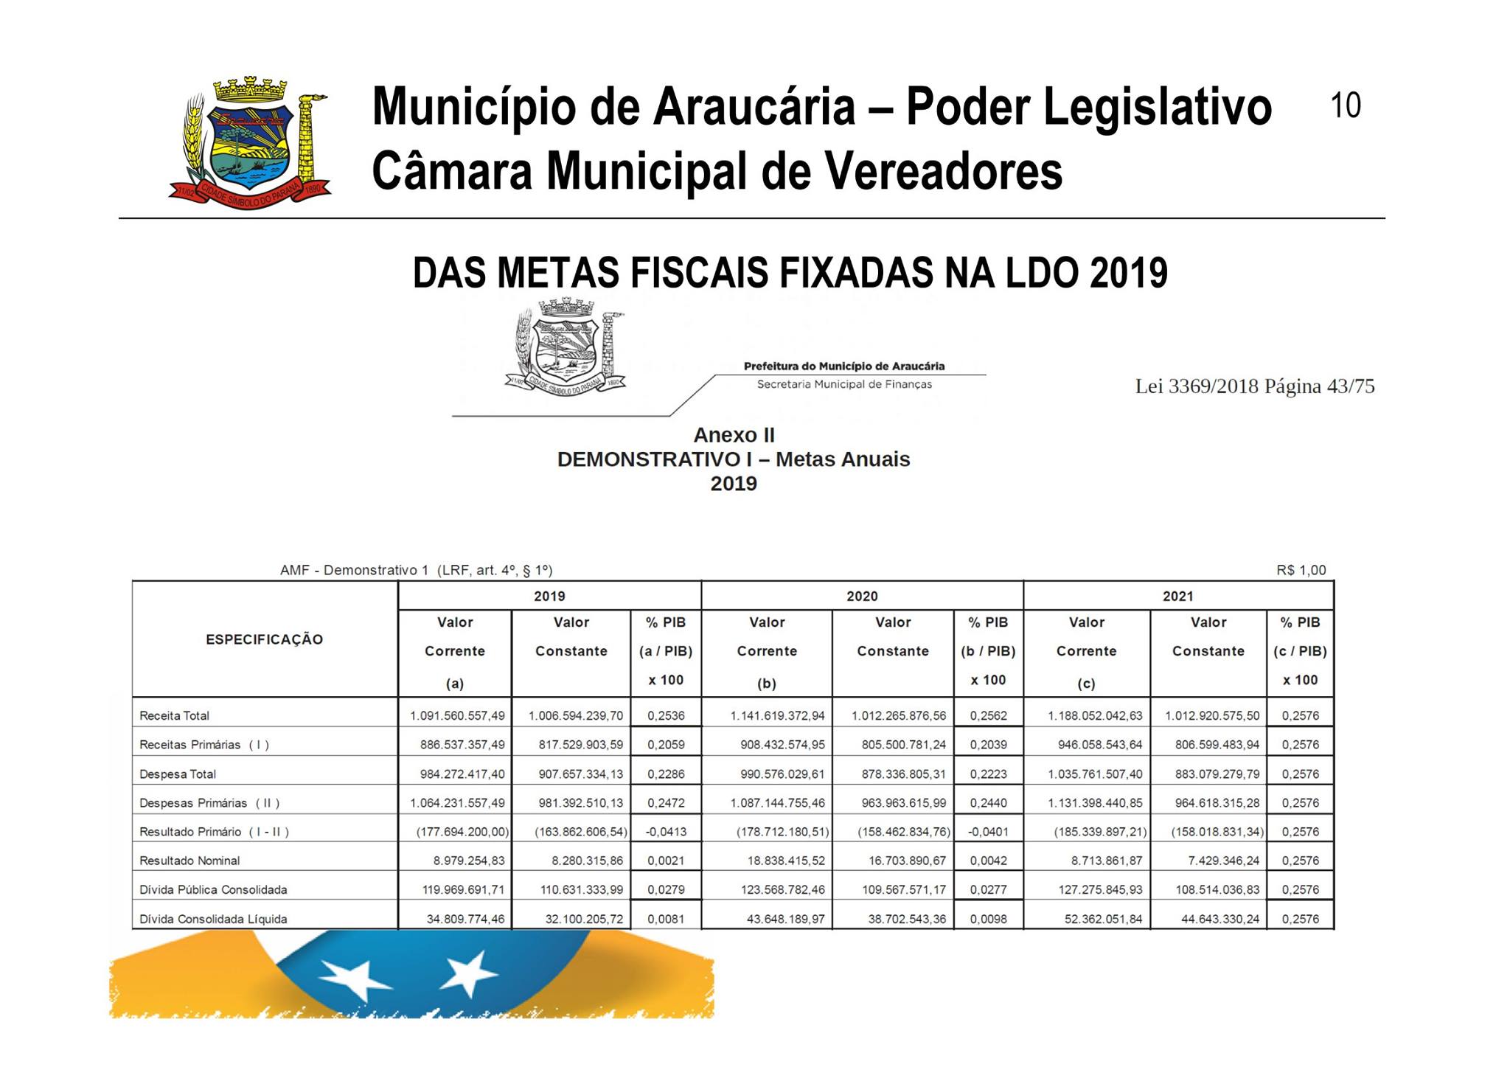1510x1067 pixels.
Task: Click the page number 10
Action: [1346, 105]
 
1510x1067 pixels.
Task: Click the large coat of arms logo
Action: [250, 142]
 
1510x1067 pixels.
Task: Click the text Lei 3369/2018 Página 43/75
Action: [1254, 386]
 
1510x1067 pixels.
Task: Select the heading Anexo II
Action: [734, 435]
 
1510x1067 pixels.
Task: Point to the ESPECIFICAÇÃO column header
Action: [264, 639]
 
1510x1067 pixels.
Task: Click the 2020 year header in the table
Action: [862, 596]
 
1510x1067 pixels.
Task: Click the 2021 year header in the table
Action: [1177, 596]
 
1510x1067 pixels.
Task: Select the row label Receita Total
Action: [175, 715]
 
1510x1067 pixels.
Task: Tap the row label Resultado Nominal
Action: [189, 861]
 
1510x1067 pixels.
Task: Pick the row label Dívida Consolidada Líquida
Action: [213, 919]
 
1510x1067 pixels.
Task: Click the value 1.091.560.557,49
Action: [457, 715]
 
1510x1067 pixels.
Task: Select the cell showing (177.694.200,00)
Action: [462, 832]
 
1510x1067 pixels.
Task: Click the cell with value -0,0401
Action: [988, 832]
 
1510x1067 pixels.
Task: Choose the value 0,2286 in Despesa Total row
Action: [666, 774]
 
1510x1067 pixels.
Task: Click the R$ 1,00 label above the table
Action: [1301, 570]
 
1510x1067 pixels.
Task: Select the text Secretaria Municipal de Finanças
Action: [844, 384]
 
